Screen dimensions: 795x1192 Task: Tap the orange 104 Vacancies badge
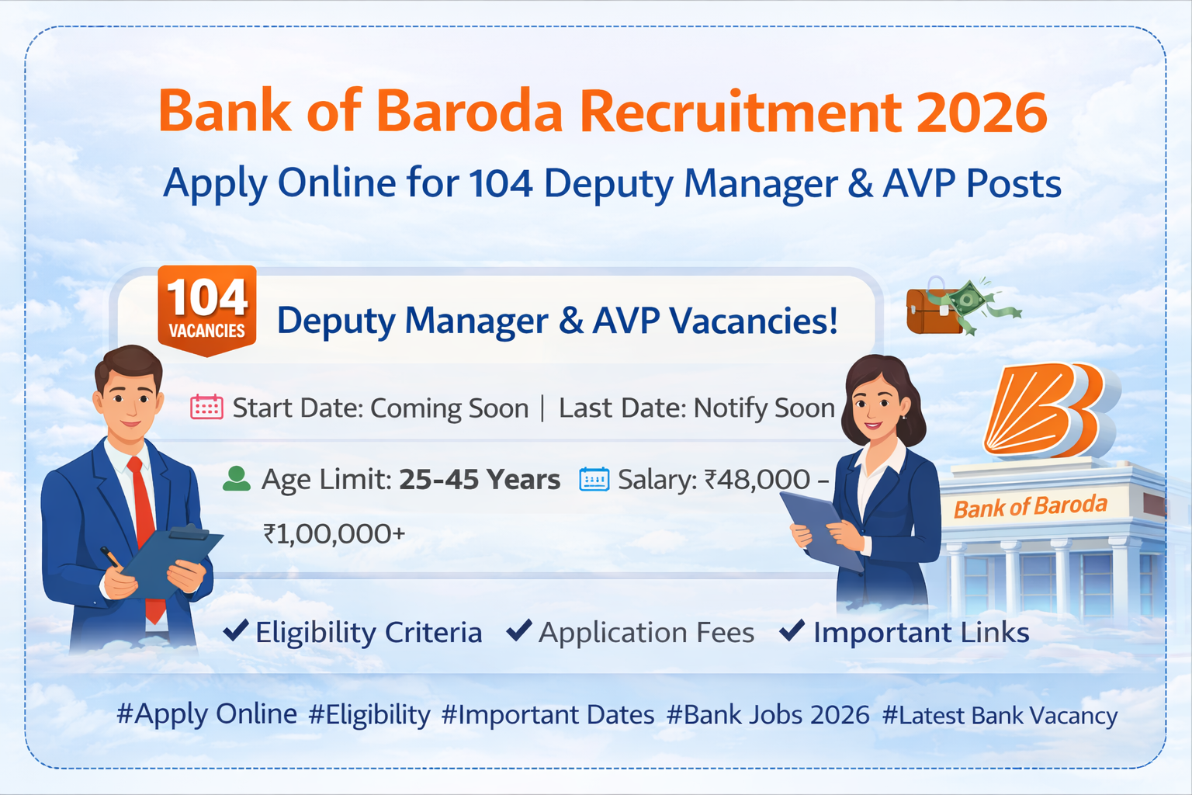206,310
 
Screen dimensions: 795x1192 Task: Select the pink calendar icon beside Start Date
206,407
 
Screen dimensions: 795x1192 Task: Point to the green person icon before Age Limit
237,479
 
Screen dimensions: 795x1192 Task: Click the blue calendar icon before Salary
594,480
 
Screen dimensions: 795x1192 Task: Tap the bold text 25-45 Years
480,480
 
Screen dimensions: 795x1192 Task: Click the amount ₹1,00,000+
334,534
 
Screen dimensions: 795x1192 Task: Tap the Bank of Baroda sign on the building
1030,507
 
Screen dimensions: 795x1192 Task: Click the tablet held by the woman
819,528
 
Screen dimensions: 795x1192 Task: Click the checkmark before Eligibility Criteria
235,630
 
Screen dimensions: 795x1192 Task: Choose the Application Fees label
646,633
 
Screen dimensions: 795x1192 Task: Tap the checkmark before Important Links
792,630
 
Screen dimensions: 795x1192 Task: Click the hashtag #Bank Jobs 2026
768,714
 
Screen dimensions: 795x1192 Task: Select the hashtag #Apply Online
206,714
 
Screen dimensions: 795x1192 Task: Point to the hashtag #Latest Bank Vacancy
1000,715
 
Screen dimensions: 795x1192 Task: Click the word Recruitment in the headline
740,113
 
